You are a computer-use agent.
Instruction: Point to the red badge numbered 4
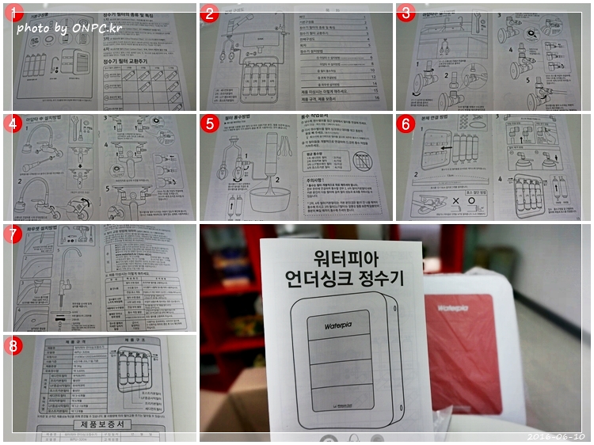(x=12, y=124)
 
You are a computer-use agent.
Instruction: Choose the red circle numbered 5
(x=209, y=124)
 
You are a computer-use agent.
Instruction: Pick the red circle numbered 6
(x=406, y=124)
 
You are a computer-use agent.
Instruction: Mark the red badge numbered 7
(x=12, y=234)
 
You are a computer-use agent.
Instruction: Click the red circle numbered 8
(x=12, y=345)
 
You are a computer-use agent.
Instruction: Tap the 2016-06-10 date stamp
(x=557, y=436)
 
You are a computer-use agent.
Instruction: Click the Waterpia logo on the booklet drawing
(x=341, y=325)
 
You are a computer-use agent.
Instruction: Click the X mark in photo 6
(x=457, y=200)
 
